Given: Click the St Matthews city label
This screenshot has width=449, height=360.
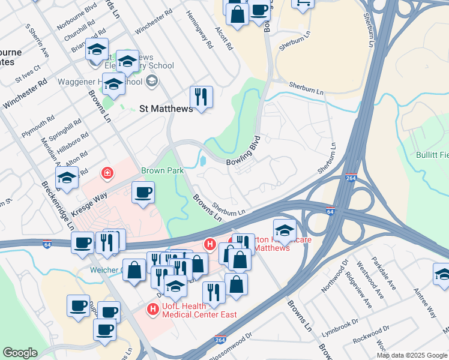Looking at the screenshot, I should [166, 109].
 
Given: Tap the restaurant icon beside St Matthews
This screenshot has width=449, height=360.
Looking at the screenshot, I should [201, 97].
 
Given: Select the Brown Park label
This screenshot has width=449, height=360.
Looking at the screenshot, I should [162, 171].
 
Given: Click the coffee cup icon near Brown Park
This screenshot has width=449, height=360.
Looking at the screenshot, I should [143, 193].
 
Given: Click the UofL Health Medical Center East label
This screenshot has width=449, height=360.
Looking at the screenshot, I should [199, 311].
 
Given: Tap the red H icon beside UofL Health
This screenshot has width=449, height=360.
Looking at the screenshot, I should [153, 309].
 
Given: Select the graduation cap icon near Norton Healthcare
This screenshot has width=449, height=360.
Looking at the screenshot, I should [285, 230].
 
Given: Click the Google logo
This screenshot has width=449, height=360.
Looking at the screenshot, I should [20, 353].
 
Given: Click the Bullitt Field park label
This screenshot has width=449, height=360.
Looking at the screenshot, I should [432, 155].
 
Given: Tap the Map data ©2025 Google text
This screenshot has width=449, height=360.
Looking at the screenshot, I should [412, 355].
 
